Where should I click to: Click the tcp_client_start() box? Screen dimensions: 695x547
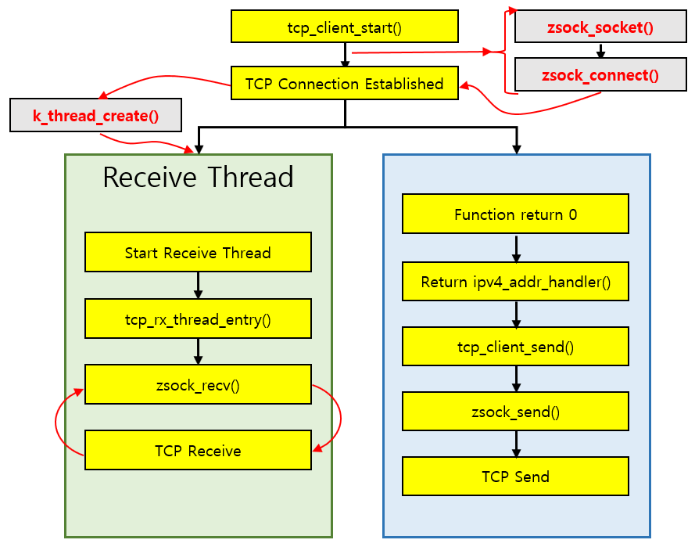tap(345, 27)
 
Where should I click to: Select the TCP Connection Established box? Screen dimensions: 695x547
tap(345, 83)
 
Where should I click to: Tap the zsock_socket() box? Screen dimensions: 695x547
tap(600, 27)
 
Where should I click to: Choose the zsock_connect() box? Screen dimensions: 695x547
tap(600, 74)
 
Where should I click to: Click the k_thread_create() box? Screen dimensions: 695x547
tap(95, 115)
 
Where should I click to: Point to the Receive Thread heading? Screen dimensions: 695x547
tap(198, 177)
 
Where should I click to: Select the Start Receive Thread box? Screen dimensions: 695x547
tap(198, 252)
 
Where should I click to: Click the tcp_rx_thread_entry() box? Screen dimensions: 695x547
tap(198, 318)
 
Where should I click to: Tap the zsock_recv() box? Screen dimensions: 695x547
tap(198, 384)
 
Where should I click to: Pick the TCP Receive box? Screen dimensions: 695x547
tap(198, 450)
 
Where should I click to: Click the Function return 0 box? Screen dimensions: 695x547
tap(515, 214)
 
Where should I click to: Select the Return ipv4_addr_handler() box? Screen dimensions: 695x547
tap(515, 281)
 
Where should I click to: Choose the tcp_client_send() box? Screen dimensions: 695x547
tap(515, 347)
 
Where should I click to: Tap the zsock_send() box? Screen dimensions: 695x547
tap(515, 412)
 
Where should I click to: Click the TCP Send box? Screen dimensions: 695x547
tap(515, 476)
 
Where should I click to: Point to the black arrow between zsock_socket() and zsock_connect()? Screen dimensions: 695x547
tap(600, 51)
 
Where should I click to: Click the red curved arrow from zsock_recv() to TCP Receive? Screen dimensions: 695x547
tap(340, 417)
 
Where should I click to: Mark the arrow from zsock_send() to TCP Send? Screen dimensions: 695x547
tap(516, 444)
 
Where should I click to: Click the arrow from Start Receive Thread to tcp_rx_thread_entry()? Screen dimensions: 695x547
tap(198, 286)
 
